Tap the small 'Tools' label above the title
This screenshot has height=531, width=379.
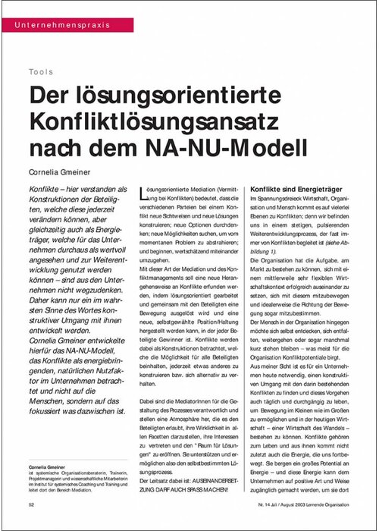click(42, 72)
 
